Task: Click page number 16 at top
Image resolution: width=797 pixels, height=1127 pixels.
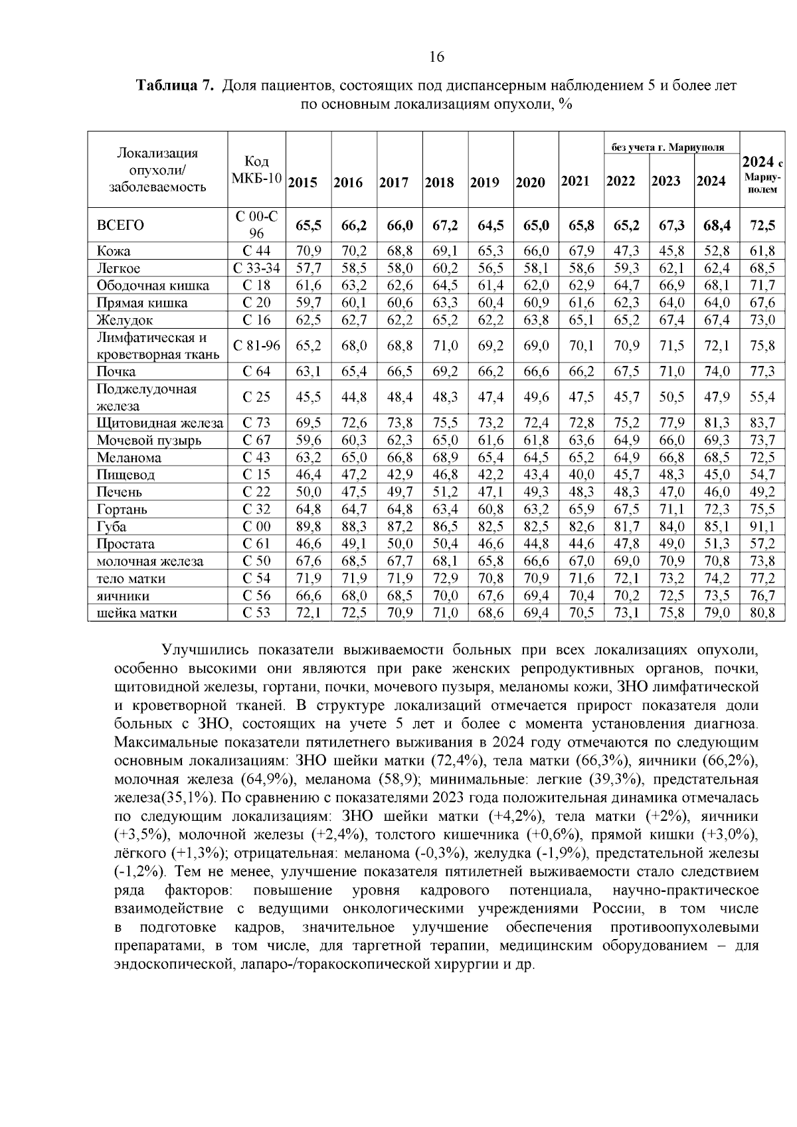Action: click(x=436, y=57)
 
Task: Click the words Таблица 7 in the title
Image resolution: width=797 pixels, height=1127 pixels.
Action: click(x=175, y=86)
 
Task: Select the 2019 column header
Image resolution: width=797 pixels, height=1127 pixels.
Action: click(x=484, y=183)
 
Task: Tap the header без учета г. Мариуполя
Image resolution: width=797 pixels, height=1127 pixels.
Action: click(x=667, y=147)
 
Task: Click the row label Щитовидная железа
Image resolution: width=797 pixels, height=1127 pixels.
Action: click(x=159, y=423)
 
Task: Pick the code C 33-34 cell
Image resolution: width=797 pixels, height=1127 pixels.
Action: click(x=256, y=268)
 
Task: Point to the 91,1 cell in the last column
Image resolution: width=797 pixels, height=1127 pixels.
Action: click(x=762, y=527)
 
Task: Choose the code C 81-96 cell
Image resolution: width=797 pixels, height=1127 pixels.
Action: click(x=256, y=345)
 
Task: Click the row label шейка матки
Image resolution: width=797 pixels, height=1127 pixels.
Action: click(x=137, y=613)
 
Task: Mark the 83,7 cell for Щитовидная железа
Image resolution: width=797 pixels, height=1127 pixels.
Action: click(x=762, y=423)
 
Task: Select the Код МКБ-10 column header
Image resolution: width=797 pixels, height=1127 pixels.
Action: click(x=256, y=170)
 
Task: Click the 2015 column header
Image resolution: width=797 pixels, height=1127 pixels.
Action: click(x=303, y=183)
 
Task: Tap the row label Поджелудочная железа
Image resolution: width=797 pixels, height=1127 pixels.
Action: click(x=146, y=397)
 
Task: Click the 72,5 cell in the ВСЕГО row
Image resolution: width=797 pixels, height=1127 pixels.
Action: click(x=762, y=226)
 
